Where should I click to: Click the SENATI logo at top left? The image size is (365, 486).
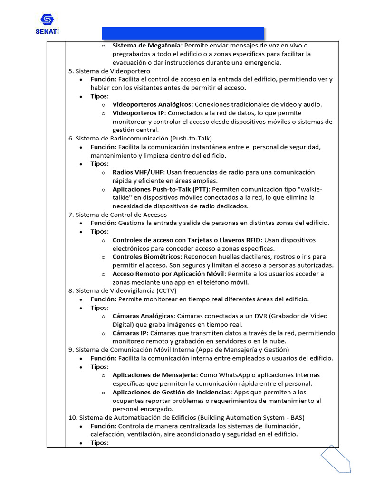pos(47,24)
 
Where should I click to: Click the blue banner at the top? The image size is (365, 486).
pos(183,33)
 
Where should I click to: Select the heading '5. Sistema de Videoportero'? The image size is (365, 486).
pos(109,71)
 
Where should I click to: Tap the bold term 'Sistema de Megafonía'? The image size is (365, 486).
pos(146,46)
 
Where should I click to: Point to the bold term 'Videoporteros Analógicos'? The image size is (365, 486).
pos(152,104)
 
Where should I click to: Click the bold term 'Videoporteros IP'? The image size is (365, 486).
pos(138,113)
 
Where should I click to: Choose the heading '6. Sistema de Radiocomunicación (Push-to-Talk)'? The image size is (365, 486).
pos(140,139)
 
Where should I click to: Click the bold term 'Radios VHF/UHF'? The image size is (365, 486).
pos(136,172)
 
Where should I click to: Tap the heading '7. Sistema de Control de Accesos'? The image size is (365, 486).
pos(117,215)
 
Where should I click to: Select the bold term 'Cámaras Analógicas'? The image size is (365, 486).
pos(144,316)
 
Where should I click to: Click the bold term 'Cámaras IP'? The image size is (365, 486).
pos(129,333)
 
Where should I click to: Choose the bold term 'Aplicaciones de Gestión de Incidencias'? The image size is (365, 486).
pos(171,393)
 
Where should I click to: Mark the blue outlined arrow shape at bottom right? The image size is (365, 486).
pos(336,459)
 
